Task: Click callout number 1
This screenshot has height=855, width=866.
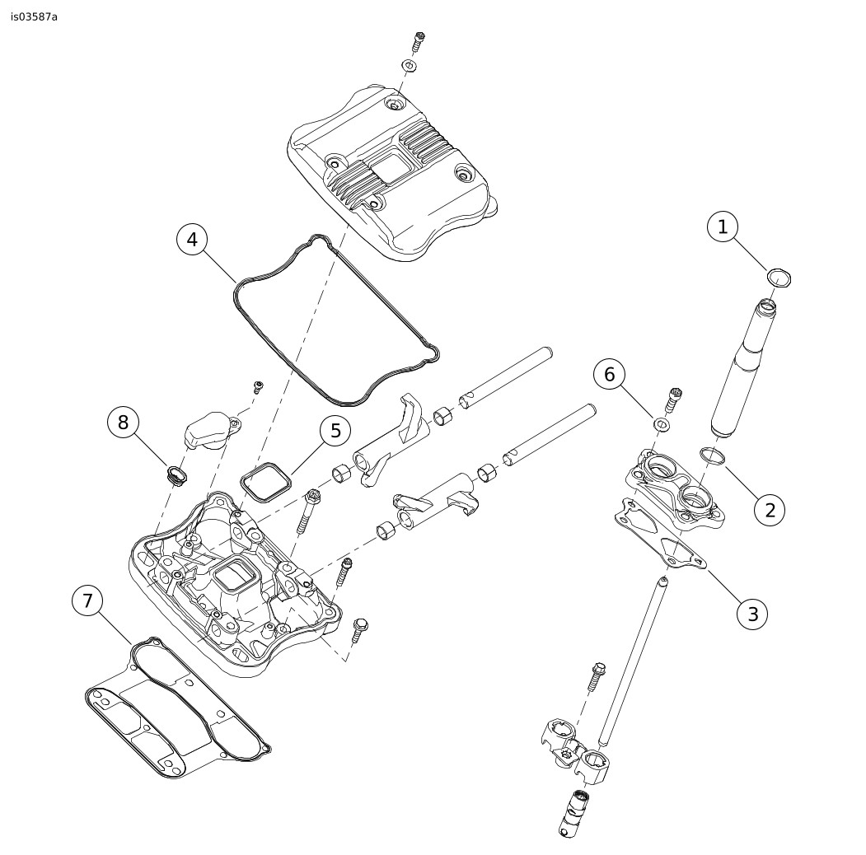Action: pyautogui.click(x=723, y=227)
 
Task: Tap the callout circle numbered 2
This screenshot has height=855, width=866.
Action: pyautogui.click(x=770, y=510)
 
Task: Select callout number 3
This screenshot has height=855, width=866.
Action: pyautogui.click(x=752, y=614)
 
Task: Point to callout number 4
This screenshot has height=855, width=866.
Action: pyautogui.click(x=192, y=240)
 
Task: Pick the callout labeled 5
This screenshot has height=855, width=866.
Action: pyautogui.click(x=335, y=431)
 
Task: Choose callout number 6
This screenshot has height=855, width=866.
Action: pyautogui.click(x=609, y=375)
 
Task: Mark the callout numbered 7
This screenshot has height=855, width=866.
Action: pyautogui.click(x=87, y=600)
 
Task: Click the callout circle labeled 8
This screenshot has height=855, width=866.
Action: pyautogui.click(x=123, y=423)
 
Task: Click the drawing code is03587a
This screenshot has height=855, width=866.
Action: pyautogui.click(x=35, y=16)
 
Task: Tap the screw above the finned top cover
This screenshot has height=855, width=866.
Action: pyautogui.click(x=419, y=40)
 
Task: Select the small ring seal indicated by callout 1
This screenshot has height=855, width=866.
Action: pyautogui.click(x=778, y=277)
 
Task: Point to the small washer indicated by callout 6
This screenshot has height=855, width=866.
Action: pyautogui.click(x=662, y=424)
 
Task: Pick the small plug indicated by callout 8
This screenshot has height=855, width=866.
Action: pyautogui.click(x=175, y=473)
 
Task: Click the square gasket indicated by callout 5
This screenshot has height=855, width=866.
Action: pyautogui.click(x=264, y=481)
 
